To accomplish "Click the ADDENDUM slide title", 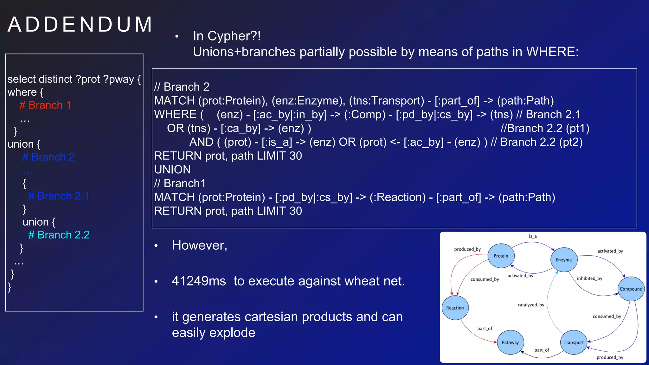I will click(80, 25).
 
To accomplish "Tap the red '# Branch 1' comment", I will click(45, 105).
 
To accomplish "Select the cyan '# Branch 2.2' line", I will click(59, 235).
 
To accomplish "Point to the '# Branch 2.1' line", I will click(59, 196).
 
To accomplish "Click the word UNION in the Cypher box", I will click(172, 170).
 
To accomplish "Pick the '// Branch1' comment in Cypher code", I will click(180, 183).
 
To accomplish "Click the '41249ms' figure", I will click(199, 281).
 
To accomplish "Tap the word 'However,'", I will click(200, 245).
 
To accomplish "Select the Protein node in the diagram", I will click(501, 256).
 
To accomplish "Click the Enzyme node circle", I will click(564, 260).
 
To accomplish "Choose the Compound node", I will click(631, 289).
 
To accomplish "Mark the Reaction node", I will click(455, 308).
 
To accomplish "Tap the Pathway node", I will click(510, 342).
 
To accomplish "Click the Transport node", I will click(574, 342).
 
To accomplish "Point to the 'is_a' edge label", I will click(533, 236).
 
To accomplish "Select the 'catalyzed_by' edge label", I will click(531, 305).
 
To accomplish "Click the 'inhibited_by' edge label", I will click(589, 279).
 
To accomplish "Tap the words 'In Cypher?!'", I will click(227, 36).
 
